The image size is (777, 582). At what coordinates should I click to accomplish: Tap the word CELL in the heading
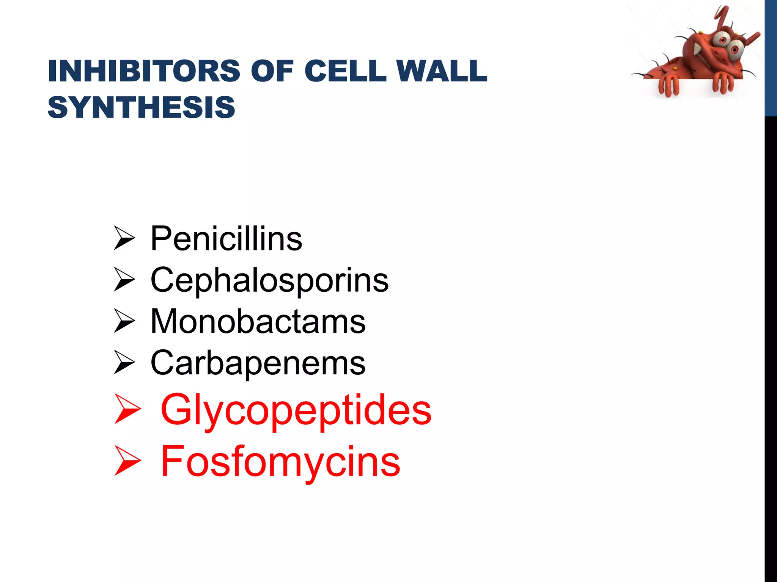pos(345,71)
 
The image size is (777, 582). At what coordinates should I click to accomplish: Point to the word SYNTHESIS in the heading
pos(141,107)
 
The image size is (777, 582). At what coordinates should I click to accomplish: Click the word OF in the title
pos(272,71)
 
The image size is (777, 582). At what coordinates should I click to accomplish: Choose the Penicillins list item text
pos(226,239)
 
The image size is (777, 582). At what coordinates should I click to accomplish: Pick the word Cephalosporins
pos(269,280)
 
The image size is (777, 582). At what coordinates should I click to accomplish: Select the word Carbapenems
pos(258,363)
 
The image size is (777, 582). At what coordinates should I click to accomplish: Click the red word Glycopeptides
pos(296,410)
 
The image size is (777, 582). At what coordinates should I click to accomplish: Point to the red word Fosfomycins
pos(280,462)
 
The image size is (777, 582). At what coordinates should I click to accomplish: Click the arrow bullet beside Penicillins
pos(124,238)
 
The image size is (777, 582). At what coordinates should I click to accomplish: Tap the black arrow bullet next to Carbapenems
pos(124,363)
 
